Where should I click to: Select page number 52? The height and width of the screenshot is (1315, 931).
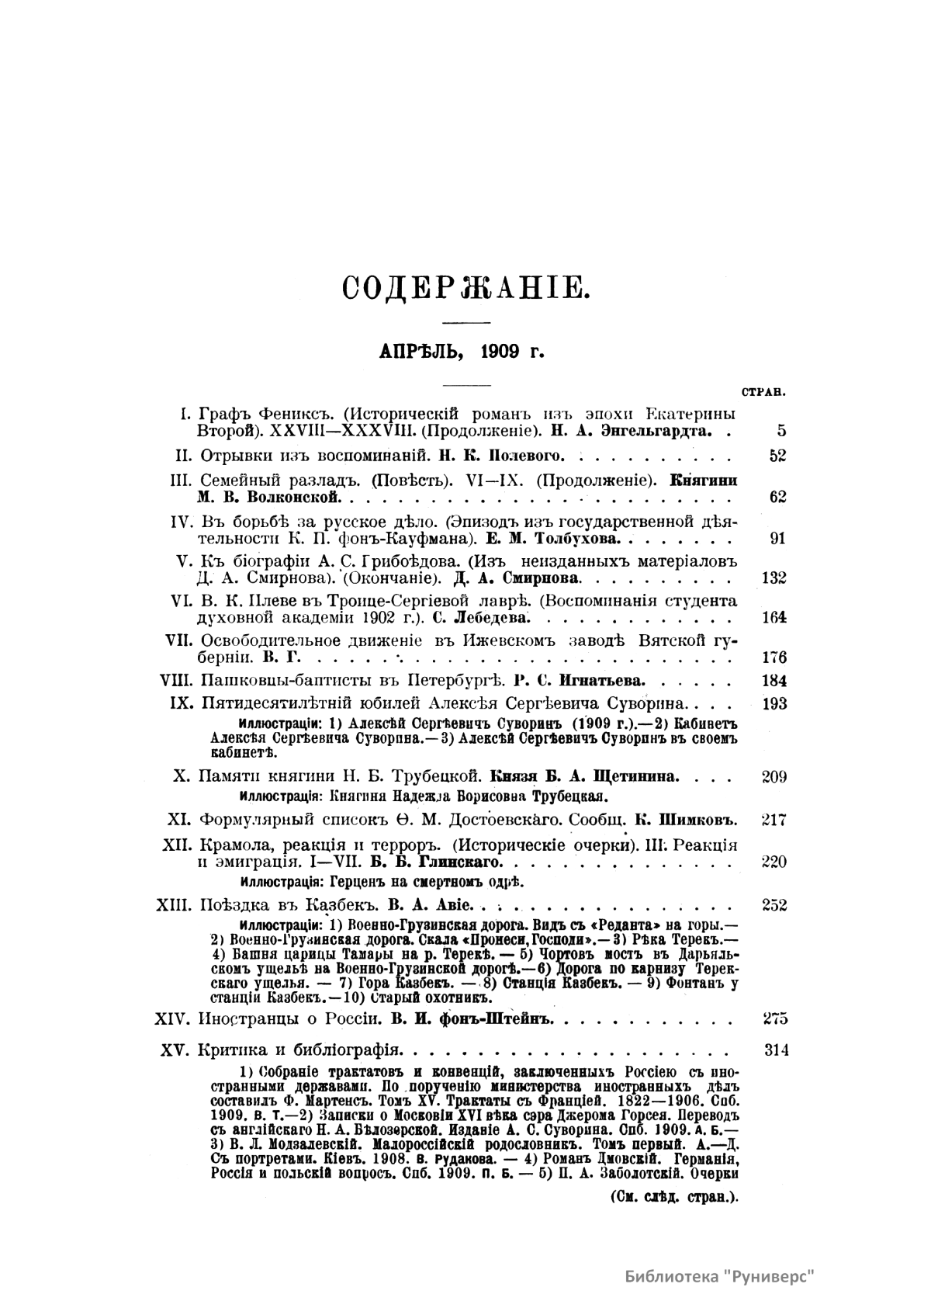pos(777,456)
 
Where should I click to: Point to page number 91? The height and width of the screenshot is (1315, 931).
pos(777,538)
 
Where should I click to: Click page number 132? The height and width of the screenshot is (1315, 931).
pos(774,578)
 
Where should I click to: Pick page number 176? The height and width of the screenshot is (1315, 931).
pos(774,657)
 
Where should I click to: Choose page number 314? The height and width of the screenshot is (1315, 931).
pos(776,1051)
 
